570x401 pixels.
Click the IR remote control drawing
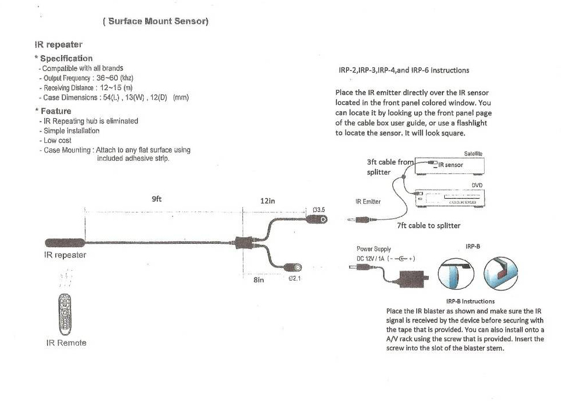65,314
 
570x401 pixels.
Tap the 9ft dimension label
157,199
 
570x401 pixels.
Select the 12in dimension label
268,200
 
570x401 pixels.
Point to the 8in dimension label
259,280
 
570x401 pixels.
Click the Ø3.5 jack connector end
317,219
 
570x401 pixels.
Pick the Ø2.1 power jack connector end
293,267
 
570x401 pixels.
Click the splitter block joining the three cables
244,243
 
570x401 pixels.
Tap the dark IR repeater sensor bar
65,243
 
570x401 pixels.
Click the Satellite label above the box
473,153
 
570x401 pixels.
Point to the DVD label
477,185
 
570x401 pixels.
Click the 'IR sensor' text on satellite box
451,165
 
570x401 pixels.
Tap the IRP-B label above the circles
473,247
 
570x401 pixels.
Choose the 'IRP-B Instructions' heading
470,301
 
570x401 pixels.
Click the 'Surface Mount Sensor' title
156,21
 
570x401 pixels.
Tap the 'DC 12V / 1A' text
370,259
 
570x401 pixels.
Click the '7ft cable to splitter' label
429,225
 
